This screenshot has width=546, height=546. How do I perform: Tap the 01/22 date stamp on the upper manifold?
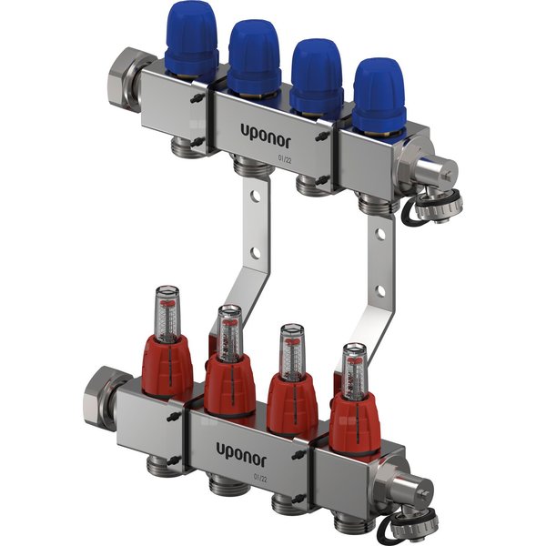click(x=286, y=157)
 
